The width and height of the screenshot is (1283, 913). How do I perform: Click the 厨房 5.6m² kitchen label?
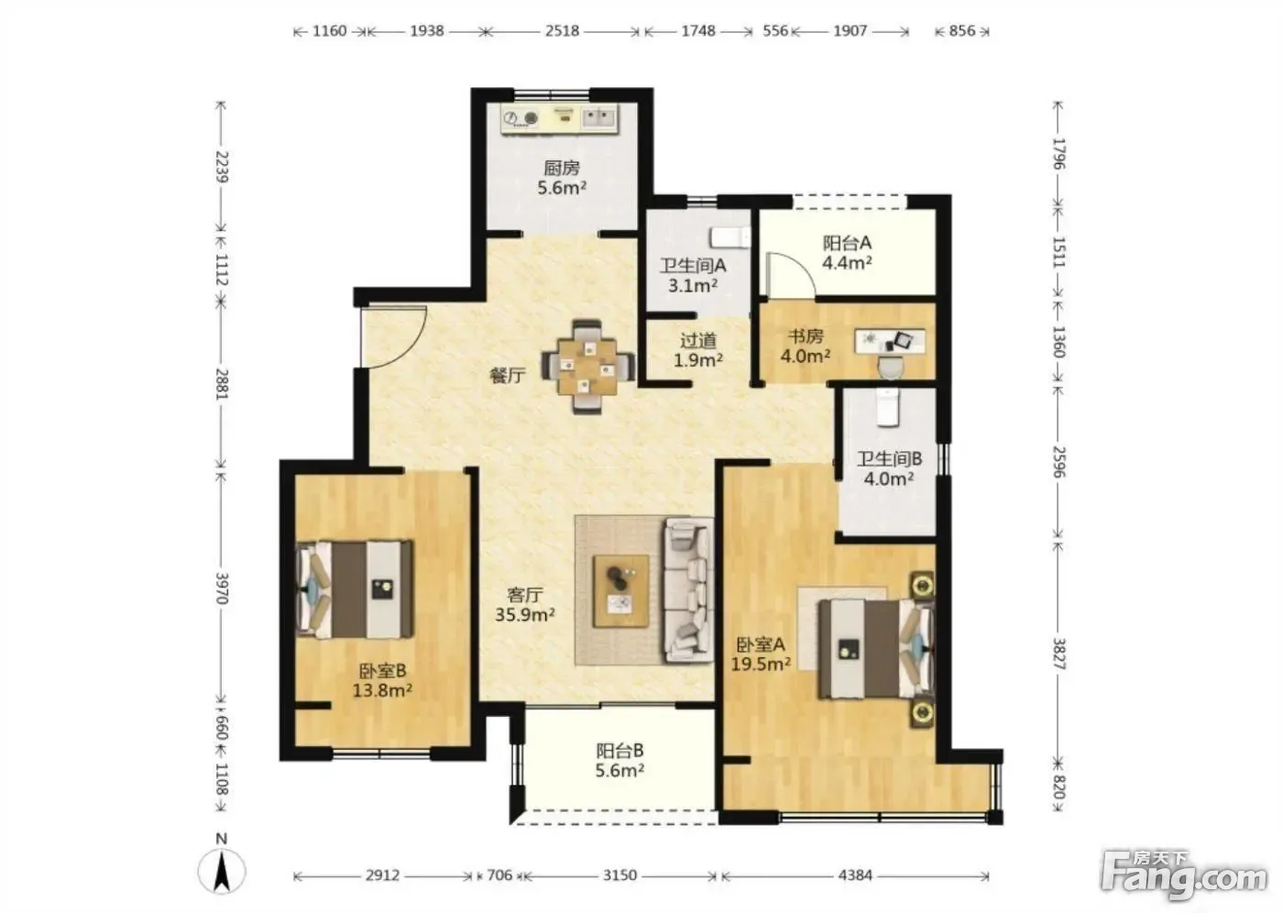pos(562,178)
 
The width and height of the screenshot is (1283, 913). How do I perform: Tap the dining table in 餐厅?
pos(588,367)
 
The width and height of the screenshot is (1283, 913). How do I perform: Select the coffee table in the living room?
pos(621,591)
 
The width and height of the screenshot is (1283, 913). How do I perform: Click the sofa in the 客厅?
pos(688,590)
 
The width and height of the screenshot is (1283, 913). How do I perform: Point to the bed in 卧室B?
pos(355,590)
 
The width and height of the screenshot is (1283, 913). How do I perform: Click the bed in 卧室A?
pos(876,648)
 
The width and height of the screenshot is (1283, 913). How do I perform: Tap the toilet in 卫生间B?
pos(887,407)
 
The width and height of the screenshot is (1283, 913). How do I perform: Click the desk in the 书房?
pos(890,341)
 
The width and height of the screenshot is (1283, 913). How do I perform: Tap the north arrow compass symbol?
pos(222,871)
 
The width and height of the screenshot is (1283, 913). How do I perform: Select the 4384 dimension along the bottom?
pos(855,874)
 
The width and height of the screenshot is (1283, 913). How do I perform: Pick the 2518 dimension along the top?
pos(562,31)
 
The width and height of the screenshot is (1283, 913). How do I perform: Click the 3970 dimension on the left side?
pos(222,588)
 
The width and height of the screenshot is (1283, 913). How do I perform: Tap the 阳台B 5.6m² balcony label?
pos(620,760)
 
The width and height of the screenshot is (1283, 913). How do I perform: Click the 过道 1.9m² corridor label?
pos(698,350)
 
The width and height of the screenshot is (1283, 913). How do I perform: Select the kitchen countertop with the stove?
pos(560,118)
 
